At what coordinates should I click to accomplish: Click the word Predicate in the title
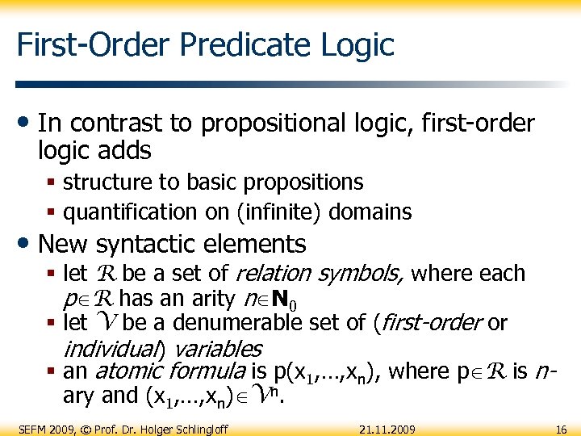click(x=230, y=44)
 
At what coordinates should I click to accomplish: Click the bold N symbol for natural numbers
click(x=281, y=299)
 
